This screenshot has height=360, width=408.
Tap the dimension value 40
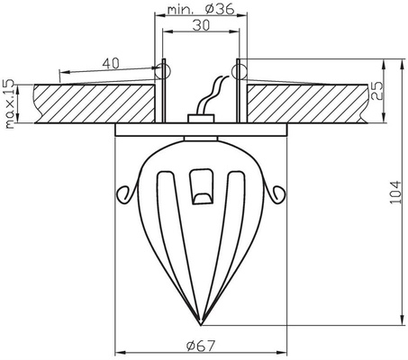point(111,63)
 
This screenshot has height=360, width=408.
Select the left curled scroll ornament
point(126,191)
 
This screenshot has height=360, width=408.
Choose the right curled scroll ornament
point(276,191)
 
